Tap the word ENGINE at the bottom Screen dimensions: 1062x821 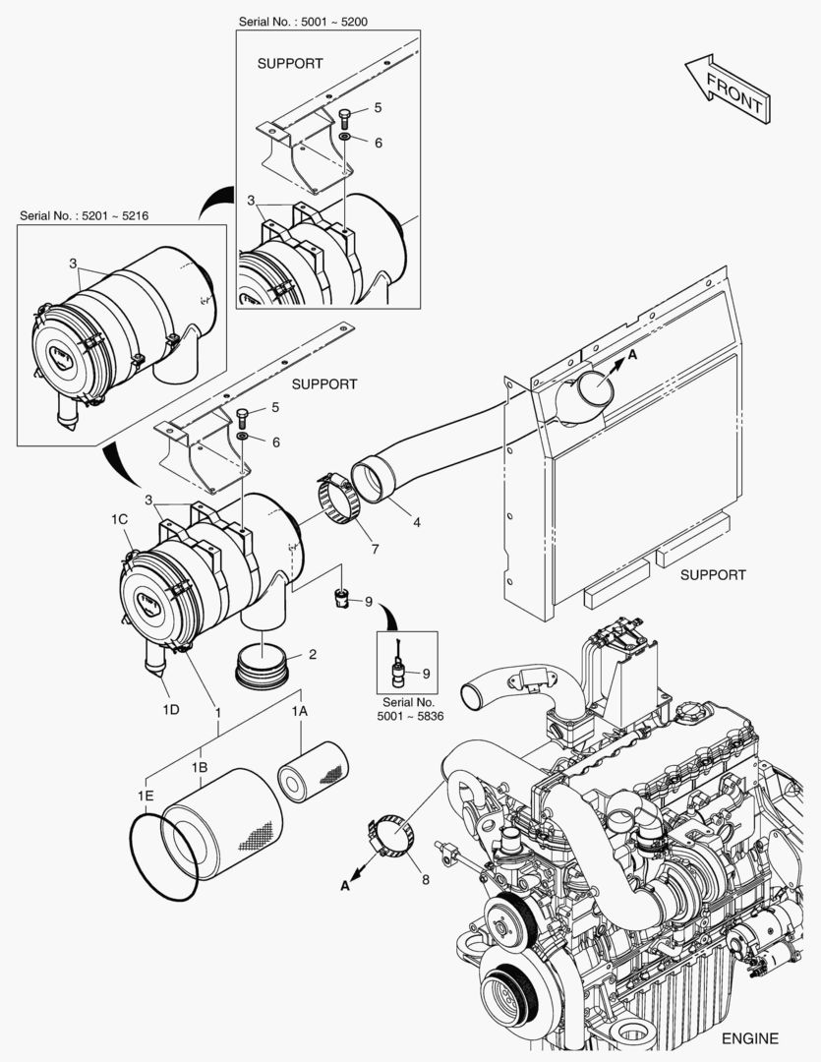[749, 1038]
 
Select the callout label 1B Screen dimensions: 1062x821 [200, 766]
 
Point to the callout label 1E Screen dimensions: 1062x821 [146, 795]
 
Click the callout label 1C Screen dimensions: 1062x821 [120, 518]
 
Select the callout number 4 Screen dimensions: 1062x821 [417, 522]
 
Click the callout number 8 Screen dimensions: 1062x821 [425, 881]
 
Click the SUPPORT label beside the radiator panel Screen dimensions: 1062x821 [712, 574]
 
